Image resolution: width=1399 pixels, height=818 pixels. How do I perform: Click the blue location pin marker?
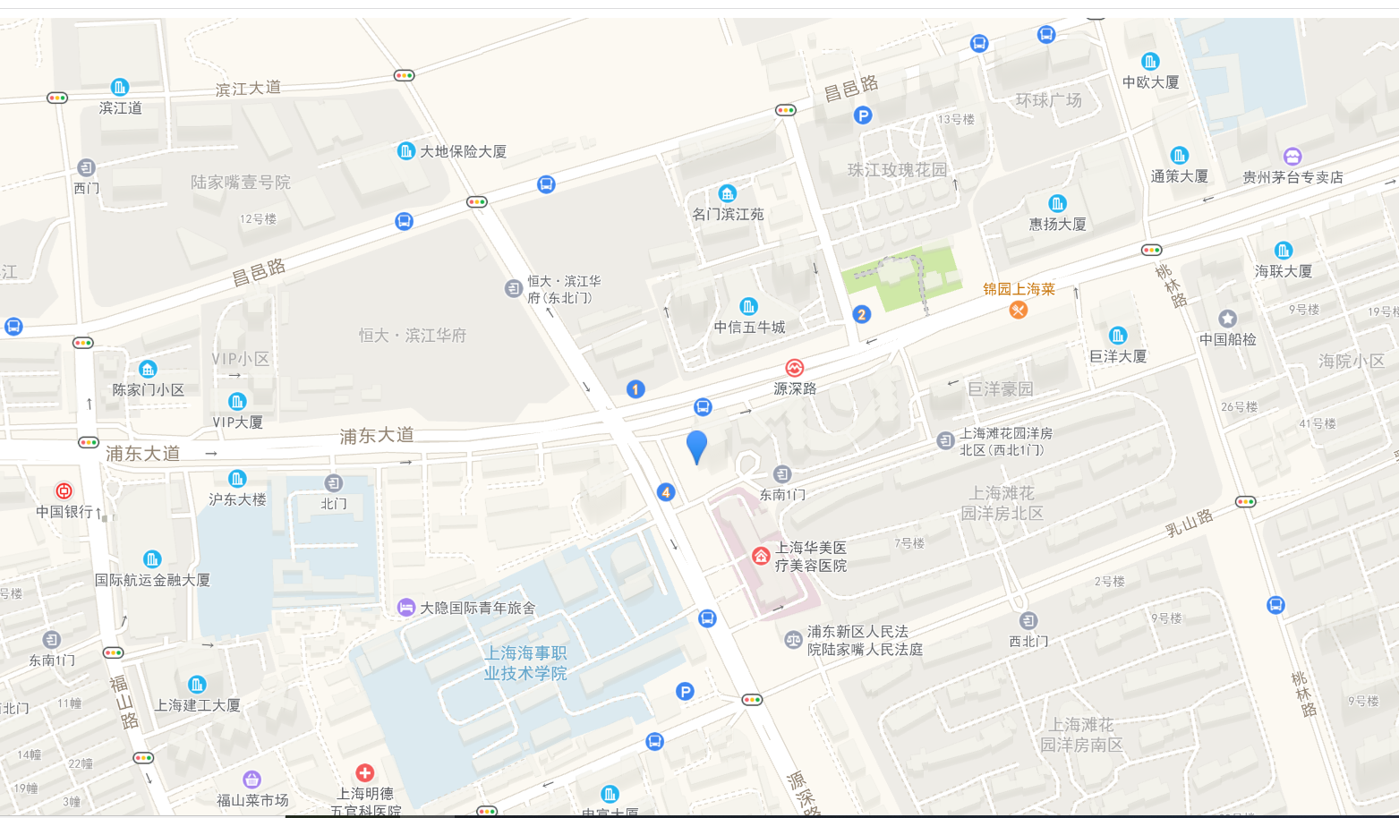(696, 446)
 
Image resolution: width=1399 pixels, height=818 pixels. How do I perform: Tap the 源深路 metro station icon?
(794, 368)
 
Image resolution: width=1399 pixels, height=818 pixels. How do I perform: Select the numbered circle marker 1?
(636, 389)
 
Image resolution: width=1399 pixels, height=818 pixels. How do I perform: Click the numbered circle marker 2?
(861, 314)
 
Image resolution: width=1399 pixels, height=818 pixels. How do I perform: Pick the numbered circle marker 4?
(665, 492)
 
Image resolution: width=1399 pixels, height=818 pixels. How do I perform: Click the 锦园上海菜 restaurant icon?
(1018, 310)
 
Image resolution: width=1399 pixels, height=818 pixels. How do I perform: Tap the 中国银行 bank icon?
(64, 490)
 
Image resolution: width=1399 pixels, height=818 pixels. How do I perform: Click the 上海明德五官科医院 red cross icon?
(364, 772)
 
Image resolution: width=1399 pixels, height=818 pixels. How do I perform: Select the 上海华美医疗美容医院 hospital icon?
(760, 557)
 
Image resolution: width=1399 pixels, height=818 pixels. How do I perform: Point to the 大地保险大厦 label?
(463, 151)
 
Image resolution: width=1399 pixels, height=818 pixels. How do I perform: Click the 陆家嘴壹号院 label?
(240, 182)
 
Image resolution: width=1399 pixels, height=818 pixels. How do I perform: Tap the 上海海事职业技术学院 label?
(525, 663)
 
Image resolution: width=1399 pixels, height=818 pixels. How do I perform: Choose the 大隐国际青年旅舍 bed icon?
(405, 608)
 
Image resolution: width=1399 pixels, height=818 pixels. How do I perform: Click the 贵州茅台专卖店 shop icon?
(1292, 157)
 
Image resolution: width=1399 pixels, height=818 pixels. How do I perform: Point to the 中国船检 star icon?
(1227, 319)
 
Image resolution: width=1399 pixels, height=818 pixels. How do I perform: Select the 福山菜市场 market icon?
(252, 780)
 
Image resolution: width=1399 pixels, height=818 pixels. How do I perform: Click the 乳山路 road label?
(1189, 523)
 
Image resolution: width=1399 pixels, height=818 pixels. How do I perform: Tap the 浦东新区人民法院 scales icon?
(793, 640)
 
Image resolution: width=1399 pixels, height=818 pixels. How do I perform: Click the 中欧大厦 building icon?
(1150, 62)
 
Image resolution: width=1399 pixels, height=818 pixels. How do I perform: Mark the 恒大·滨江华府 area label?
(413, 336)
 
